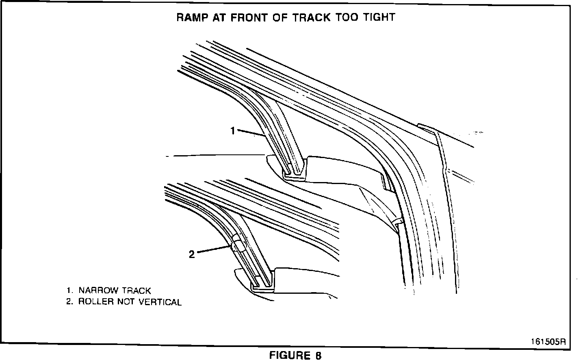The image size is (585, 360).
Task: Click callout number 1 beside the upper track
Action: (233, 131)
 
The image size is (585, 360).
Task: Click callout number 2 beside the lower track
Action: (192, 254)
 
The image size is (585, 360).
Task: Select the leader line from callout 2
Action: (214, 249)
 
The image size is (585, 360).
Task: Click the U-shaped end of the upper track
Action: (294, 174)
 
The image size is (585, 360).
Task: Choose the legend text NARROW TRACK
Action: (115, 291)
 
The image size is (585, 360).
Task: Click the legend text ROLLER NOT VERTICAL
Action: (130, 302)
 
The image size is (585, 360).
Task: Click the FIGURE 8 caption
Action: (295, 355)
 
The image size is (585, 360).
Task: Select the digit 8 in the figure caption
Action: (318, 355)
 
